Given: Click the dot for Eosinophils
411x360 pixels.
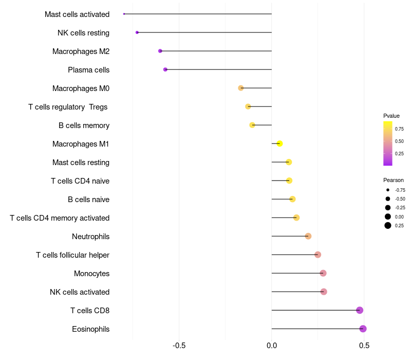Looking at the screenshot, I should coord(363,329).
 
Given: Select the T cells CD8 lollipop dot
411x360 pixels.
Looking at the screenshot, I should coord(360,310).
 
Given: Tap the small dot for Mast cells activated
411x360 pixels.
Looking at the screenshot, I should coord(124,14).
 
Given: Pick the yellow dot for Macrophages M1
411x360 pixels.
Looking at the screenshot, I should coord(279,143).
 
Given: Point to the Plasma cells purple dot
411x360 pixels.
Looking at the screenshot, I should coord(165,69).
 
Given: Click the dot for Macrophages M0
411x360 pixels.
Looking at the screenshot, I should coord(241,88).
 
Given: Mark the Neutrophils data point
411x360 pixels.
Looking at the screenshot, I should coord(308,236).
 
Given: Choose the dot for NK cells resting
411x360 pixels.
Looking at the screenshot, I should coord(137,32).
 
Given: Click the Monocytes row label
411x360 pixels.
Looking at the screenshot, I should coord(91,274).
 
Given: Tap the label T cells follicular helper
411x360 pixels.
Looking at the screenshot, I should coord(72,255).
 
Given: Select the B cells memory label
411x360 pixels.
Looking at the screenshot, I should coord(84,125).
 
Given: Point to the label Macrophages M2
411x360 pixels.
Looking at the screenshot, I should coord(81,51).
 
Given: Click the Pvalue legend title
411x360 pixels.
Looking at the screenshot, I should coord(391,116).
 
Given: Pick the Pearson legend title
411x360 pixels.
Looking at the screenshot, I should coord(394,180).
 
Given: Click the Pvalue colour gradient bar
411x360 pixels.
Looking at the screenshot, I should coord(388,143).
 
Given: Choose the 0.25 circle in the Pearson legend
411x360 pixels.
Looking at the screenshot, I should coord(388,225).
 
